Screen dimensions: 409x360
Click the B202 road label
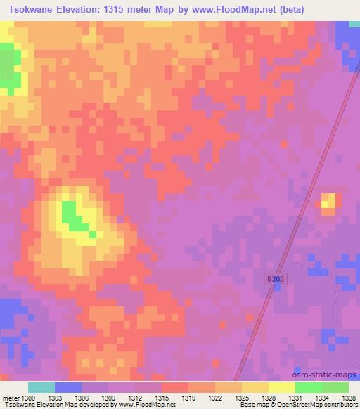click(x=276, y=279)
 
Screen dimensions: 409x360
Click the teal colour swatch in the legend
click(x=41, y=387)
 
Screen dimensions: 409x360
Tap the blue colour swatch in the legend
click(x=67, y=387)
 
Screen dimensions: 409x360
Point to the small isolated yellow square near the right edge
click(x=329, y=203)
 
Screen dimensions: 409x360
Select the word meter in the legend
click(x=11, y=398)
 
